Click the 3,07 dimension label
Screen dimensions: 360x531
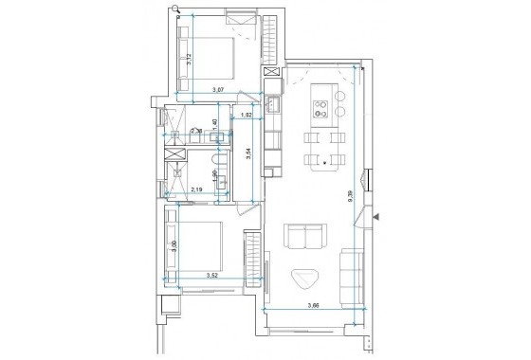point(217,89)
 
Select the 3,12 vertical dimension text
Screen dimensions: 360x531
point(191,58)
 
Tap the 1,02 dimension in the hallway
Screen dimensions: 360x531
point(247,115)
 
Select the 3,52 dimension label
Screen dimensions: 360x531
point(213,276)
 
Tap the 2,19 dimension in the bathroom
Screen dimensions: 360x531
point(197,189)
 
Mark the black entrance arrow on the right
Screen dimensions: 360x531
point(376,217)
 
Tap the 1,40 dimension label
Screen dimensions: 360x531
point(215,124)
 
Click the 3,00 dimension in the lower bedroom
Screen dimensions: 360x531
point(174,245)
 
